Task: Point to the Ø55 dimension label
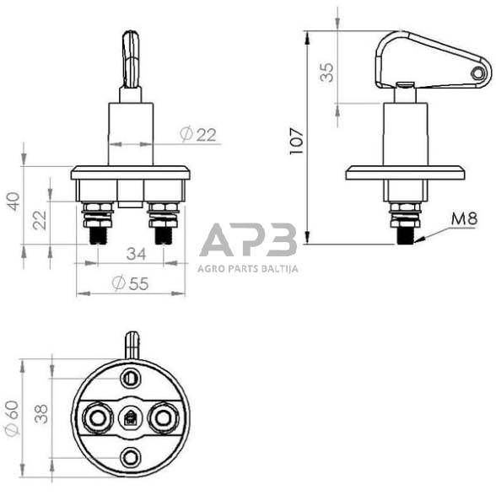coord(128,283)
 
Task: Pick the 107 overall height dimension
coord(295,137)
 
